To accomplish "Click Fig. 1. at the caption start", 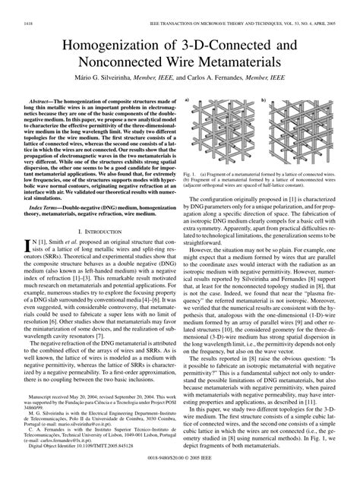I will (191, 181).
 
